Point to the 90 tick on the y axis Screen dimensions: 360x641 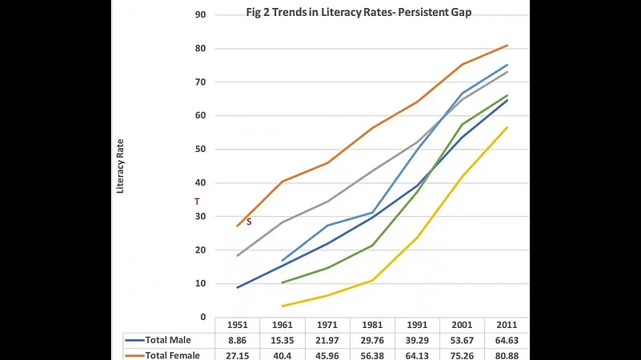[201, 14]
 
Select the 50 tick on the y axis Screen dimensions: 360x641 [201, 149]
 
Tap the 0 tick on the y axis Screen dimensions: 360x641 [203, 317]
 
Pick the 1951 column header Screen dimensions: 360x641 [238, 325]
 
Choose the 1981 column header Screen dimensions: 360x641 [372, 325]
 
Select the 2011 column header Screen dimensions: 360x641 [507, 325]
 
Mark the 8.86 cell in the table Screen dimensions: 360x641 [238, 339]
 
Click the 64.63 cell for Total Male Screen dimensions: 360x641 [507, 339]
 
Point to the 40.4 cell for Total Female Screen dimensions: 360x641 [282, 354]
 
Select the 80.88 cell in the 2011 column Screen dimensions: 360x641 [507, 354]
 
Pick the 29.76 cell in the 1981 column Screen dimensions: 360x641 [372, 339]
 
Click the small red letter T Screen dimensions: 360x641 [197, 202]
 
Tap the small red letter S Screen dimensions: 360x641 [249, 222]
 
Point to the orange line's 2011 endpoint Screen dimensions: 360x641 [507, 46]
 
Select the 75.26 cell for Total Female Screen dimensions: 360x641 [462, 354]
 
